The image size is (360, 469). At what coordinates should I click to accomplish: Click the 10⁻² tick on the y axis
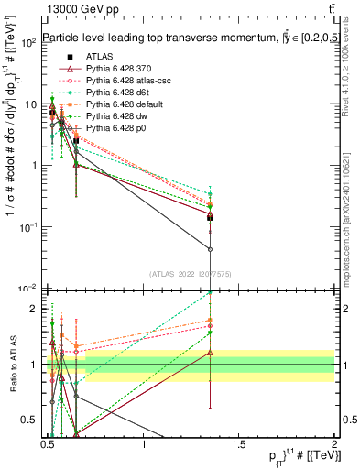[x=27, y=288]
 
